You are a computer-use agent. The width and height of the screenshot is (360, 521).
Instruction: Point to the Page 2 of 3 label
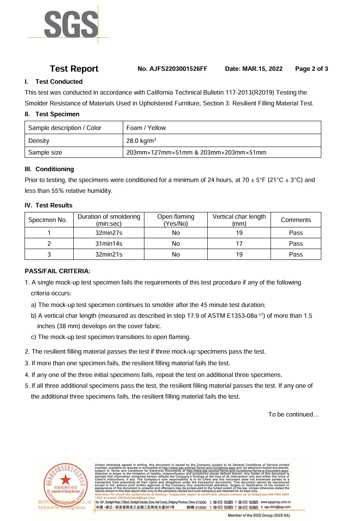[x=311, y=69]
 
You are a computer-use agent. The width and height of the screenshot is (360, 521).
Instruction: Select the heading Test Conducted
[x=59, y=82]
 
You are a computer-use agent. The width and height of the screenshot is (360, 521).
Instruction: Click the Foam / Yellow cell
[x=146, y=128]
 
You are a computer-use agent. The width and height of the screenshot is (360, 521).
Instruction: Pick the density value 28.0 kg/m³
[x=141, y=141]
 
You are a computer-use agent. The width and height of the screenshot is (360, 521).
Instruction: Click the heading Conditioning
[x=55, y=169]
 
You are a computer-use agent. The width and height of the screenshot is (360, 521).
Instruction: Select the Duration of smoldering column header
[x=109, y=220]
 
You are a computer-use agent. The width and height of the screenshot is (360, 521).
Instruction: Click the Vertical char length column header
[x=239, y=220]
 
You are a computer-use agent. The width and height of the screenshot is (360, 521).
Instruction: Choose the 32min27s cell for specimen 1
[x=109, y=233]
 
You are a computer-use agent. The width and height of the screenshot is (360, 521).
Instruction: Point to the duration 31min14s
[x=109, y=244]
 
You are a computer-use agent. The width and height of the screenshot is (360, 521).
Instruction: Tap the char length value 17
[x=239, y=244]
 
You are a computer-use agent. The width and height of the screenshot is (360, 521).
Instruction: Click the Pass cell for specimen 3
[x=295, y=254]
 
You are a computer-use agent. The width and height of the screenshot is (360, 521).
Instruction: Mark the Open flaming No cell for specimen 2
[x=176, y=244]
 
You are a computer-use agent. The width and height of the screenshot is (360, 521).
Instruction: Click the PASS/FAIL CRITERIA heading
[x=57, y=271]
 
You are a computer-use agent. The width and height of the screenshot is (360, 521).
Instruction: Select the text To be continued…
[x=293, y=414]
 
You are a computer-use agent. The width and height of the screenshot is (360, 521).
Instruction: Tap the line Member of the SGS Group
[x=258, y=516]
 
